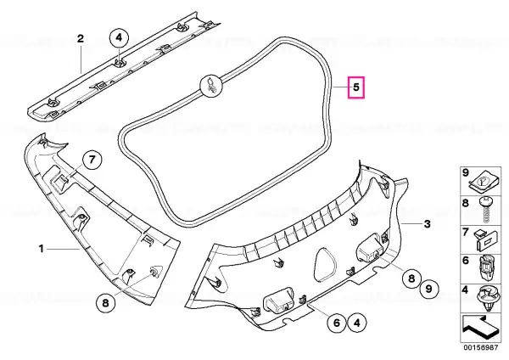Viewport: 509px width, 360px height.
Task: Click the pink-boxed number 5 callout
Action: (356, 87)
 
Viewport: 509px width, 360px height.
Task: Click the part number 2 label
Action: (81, 39)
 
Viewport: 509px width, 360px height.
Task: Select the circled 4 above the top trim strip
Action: (119, 38)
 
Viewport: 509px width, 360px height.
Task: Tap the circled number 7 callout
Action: (92, 160)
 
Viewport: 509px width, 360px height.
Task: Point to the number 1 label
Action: (42, 249)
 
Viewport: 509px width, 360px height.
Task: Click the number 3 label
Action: (428, 224)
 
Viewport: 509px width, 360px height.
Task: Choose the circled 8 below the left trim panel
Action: (106, 303)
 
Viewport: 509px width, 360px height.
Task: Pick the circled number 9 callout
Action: (428, 289)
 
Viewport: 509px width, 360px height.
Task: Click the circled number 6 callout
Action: (337, 323)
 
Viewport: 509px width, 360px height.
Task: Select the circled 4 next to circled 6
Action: (356, 323)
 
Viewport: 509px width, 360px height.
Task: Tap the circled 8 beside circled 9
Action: (411, 278)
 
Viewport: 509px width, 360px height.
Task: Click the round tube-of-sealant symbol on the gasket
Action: (211, 86)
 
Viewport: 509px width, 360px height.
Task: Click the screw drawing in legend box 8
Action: (486, 210)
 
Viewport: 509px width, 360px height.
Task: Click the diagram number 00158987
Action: (480, 347)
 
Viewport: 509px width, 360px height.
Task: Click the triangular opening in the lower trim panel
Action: (325, 264)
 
